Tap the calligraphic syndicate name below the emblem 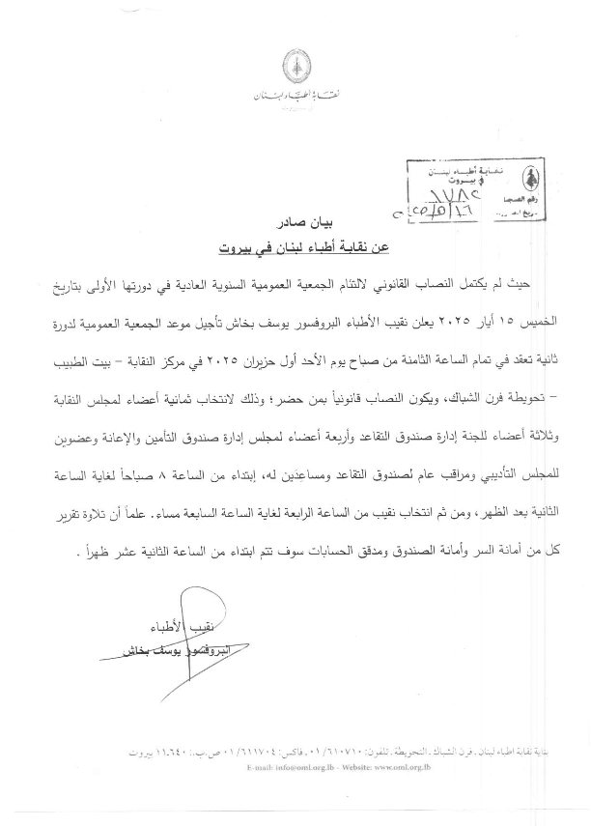tap(295, 98)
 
